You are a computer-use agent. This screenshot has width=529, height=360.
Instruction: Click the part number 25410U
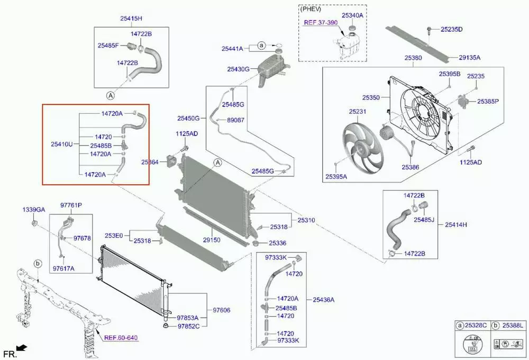pyautogui.click(x=62, y=144)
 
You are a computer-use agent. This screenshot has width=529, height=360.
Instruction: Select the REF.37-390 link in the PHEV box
pyautogui.click(x=321, y=23)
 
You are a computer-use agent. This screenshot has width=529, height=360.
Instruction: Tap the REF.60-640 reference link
pyautogui.click(x=121, y=337)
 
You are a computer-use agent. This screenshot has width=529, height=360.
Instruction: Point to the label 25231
pyautogui.click(x=358, y=112)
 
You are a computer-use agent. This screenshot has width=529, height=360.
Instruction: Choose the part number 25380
pyautogui.click(x=413, y=57)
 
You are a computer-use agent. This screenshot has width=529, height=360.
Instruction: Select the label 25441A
pyautogui.click(x=232, y=49)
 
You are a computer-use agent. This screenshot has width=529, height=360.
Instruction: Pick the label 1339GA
pyautogui.click(x=33, y=210)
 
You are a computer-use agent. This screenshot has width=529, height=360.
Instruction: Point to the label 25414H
pyautogui.click(x=455, y=224)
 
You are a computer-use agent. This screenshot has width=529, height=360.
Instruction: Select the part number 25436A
pyautogui.click(x=323, y=300)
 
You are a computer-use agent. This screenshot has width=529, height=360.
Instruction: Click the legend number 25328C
pyautogui.click(x=476, y=325)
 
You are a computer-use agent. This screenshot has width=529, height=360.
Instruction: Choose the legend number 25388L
pyautogui.click(x=512, y=325)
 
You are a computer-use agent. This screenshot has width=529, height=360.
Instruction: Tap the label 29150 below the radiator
pyautogui.click(x=212, y=240)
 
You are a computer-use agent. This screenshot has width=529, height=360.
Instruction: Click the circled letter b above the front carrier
pyautogui.click(x=38, y=263)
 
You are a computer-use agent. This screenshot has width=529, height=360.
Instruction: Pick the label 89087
pyautogui.click(x=235, y=120)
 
